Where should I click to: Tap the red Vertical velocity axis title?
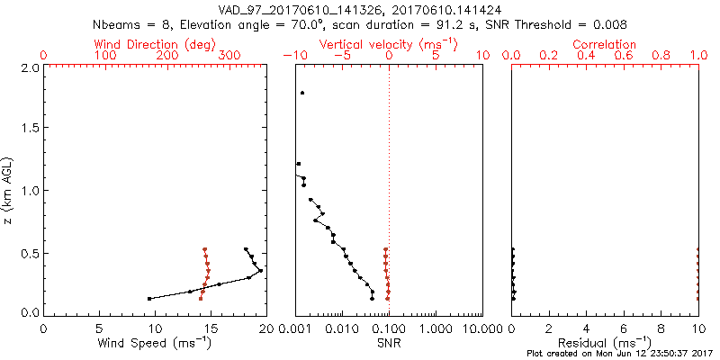[x=388, y=44]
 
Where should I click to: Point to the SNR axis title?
[x=388, y=343]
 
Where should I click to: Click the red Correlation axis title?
[x=605, y=44]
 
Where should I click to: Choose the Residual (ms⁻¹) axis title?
[x=605, y=343]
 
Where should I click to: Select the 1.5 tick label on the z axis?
[x=31, y=129]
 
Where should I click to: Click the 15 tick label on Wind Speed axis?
[x=210, y=329]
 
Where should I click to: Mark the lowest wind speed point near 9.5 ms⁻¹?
[x=149, y=298]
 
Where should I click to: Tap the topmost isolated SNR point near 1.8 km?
[x=303, y=93]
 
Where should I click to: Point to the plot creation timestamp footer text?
[x=620, y=354]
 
